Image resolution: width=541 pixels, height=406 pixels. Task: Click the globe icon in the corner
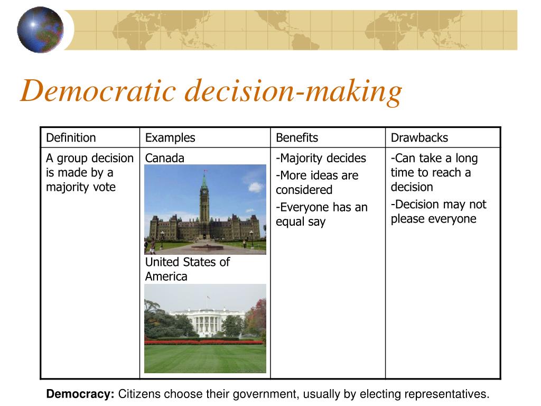(40, 30)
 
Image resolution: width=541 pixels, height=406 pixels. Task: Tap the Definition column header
(71, 138)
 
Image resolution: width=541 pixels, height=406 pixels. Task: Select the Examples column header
(170, 138)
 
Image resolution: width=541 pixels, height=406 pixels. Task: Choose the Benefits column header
(297, 138)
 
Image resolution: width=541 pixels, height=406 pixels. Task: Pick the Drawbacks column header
(419, 138)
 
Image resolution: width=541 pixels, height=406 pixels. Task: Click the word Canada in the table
(165, 158)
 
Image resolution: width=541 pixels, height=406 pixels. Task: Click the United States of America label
(188, 269)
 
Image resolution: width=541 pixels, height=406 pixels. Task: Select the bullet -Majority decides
(321, 158)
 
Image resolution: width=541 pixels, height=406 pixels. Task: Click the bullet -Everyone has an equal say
(321, 214)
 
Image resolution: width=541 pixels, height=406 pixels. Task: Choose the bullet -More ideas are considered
(317, 182)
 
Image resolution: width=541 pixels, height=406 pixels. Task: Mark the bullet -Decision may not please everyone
(439, 211)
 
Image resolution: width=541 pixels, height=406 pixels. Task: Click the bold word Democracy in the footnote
(80, 394)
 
